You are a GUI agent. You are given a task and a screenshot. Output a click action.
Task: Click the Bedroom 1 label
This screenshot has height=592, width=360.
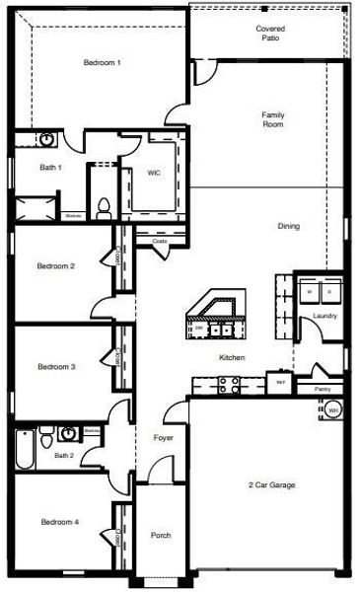[102, 62]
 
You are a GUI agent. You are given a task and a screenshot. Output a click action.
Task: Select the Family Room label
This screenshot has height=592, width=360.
[273, 119]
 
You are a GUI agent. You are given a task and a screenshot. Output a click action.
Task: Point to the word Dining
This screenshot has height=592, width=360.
[288, 226]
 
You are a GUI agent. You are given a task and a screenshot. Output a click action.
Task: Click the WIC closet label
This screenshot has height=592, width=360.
[154, 172]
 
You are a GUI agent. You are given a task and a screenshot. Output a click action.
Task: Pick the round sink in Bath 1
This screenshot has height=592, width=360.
[48, 140]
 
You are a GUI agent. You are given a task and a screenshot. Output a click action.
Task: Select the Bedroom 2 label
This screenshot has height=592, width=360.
[57, 265]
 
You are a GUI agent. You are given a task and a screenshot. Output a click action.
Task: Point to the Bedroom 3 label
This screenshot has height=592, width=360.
[57, 366]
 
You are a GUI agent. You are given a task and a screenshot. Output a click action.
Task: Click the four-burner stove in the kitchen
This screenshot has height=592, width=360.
[229, 387]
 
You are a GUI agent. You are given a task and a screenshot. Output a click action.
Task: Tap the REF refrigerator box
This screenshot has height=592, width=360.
[280, 380]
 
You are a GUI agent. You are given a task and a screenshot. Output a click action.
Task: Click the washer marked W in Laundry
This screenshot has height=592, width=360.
[310, 292]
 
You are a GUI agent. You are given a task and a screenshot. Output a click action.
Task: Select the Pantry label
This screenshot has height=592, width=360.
[322, 389]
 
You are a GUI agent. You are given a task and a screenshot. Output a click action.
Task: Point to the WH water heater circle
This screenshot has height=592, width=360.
[333, 409]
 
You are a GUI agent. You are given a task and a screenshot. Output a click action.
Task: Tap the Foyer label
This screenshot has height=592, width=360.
[164, 436]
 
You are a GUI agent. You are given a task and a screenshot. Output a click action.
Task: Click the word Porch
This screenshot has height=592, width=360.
[161, 536]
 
